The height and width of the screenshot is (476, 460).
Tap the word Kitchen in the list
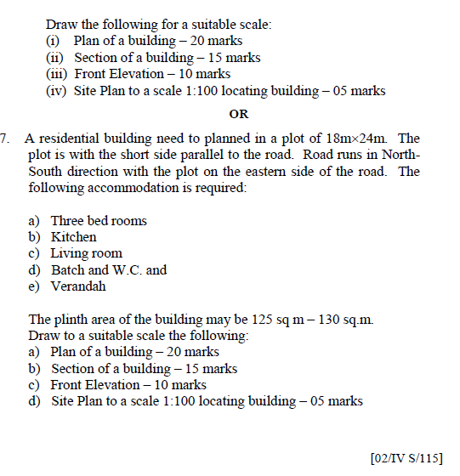tap(73, 237)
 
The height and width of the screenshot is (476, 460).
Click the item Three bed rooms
tap(98, 221)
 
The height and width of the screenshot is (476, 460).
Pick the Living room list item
tap(86, 253)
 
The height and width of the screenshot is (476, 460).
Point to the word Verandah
tap(78, 286)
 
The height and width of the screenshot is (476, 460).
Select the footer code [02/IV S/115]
tap(407, 459)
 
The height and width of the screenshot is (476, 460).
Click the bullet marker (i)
tap(53, 41)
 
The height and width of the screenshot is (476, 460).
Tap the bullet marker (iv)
tap(56, 91)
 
